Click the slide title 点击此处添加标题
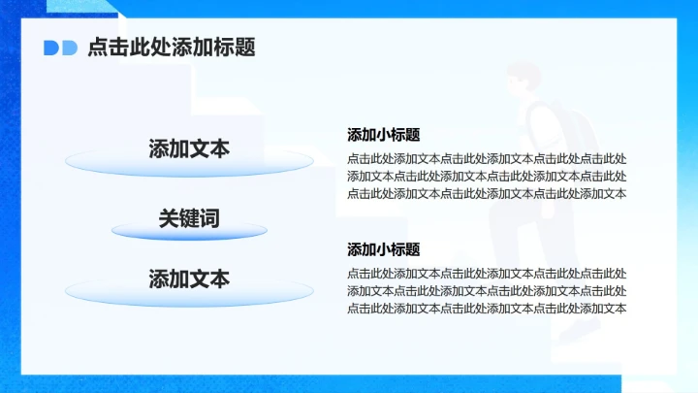[172, 47]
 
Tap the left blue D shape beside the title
[51, 48]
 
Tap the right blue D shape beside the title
[69, 48]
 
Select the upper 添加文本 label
[189, 148]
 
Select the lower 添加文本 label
[189, 278]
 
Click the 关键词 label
[189, 218]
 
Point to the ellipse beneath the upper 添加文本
[189, 165]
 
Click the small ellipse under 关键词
[189, 232]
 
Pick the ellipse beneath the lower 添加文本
[189, 292]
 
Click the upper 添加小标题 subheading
[383, 135]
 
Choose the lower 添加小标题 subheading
[383, 249]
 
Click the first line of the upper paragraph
[487, 158]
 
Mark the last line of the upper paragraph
[487, 193]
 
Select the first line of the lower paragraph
[487, 274]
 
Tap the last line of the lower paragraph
[487, 309]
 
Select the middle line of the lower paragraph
[487, 291]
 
